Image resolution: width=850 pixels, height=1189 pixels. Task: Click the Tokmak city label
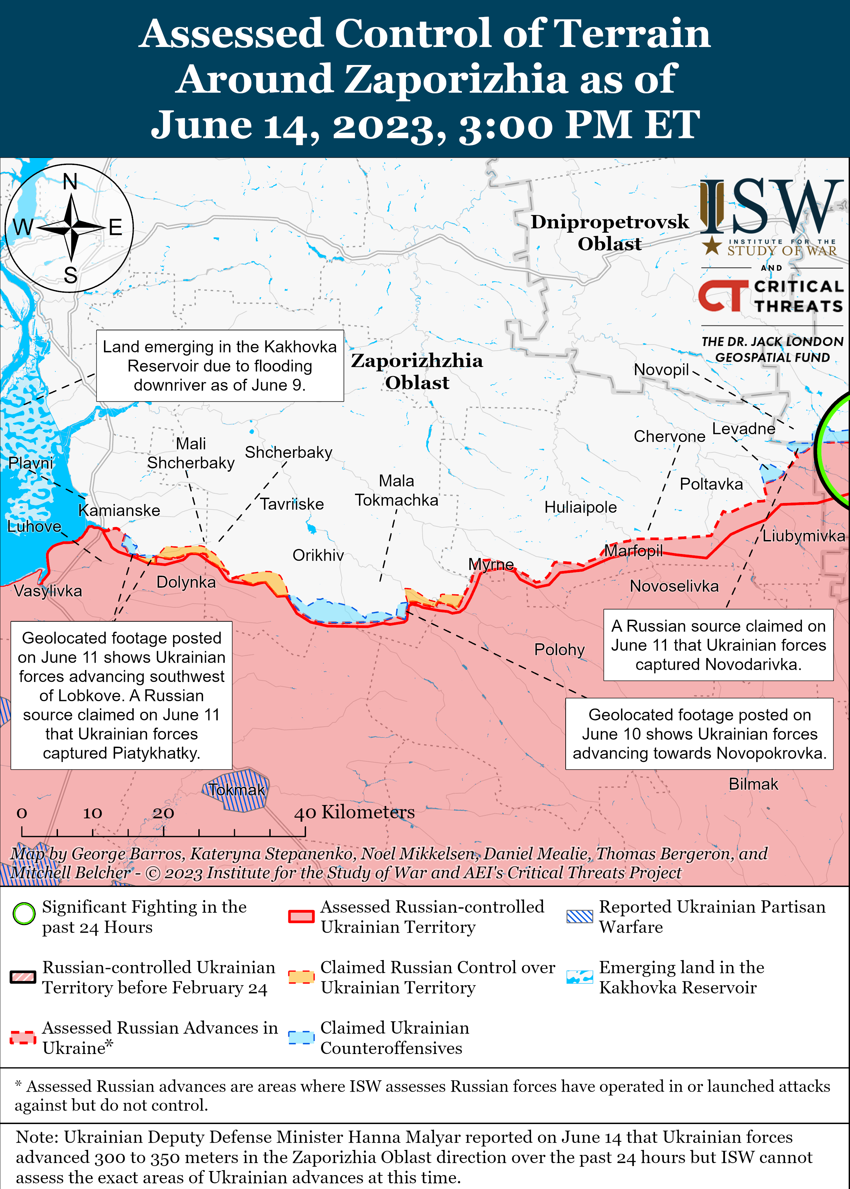click(237, 789)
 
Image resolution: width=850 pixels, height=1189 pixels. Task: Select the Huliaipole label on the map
click(580, 507)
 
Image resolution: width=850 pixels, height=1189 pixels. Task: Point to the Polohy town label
click(559, 649)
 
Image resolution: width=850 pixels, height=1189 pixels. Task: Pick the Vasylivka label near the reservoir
click(48, 591)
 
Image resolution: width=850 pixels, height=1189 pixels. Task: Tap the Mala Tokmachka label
click(396, 490)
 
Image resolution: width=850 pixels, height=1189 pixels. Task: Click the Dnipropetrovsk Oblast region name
click(609, 232)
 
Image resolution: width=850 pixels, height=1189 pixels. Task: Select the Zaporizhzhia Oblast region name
click(417, 371)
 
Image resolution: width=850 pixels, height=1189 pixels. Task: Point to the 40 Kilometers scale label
click(354, 812)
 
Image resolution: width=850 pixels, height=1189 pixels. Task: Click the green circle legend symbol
click(24, 913)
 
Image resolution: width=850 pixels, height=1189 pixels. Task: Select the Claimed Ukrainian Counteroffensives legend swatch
click(301, 1037)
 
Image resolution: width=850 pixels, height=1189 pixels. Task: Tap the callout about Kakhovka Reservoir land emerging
click(220, 365)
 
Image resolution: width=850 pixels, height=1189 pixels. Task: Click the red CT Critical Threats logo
click(723, 296)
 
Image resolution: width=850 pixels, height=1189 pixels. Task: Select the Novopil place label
click(661, 369)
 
